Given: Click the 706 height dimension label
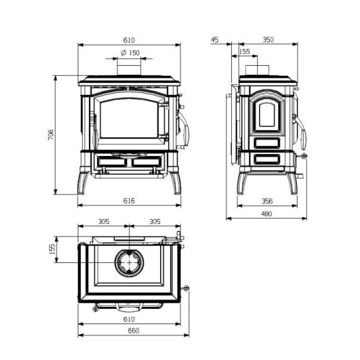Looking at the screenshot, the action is pos(50,135).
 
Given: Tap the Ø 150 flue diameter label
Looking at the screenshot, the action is pos(130,53).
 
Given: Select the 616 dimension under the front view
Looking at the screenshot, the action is pos(129,201).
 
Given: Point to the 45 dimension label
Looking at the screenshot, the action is pos(215,40).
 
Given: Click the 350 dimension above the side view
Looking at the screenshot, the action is pos(268,40).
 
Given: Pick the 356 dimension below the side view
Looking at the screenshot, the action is pos(267,201).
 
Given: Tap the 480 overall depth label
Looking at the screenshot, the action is pos(266,214).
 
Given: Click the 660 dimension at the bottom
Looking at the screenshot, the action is pos(134,331).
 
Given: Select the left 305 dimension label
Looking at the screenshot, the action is pos(104,222).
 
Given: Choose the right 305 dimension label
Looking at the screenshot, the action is pos(155,222).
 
